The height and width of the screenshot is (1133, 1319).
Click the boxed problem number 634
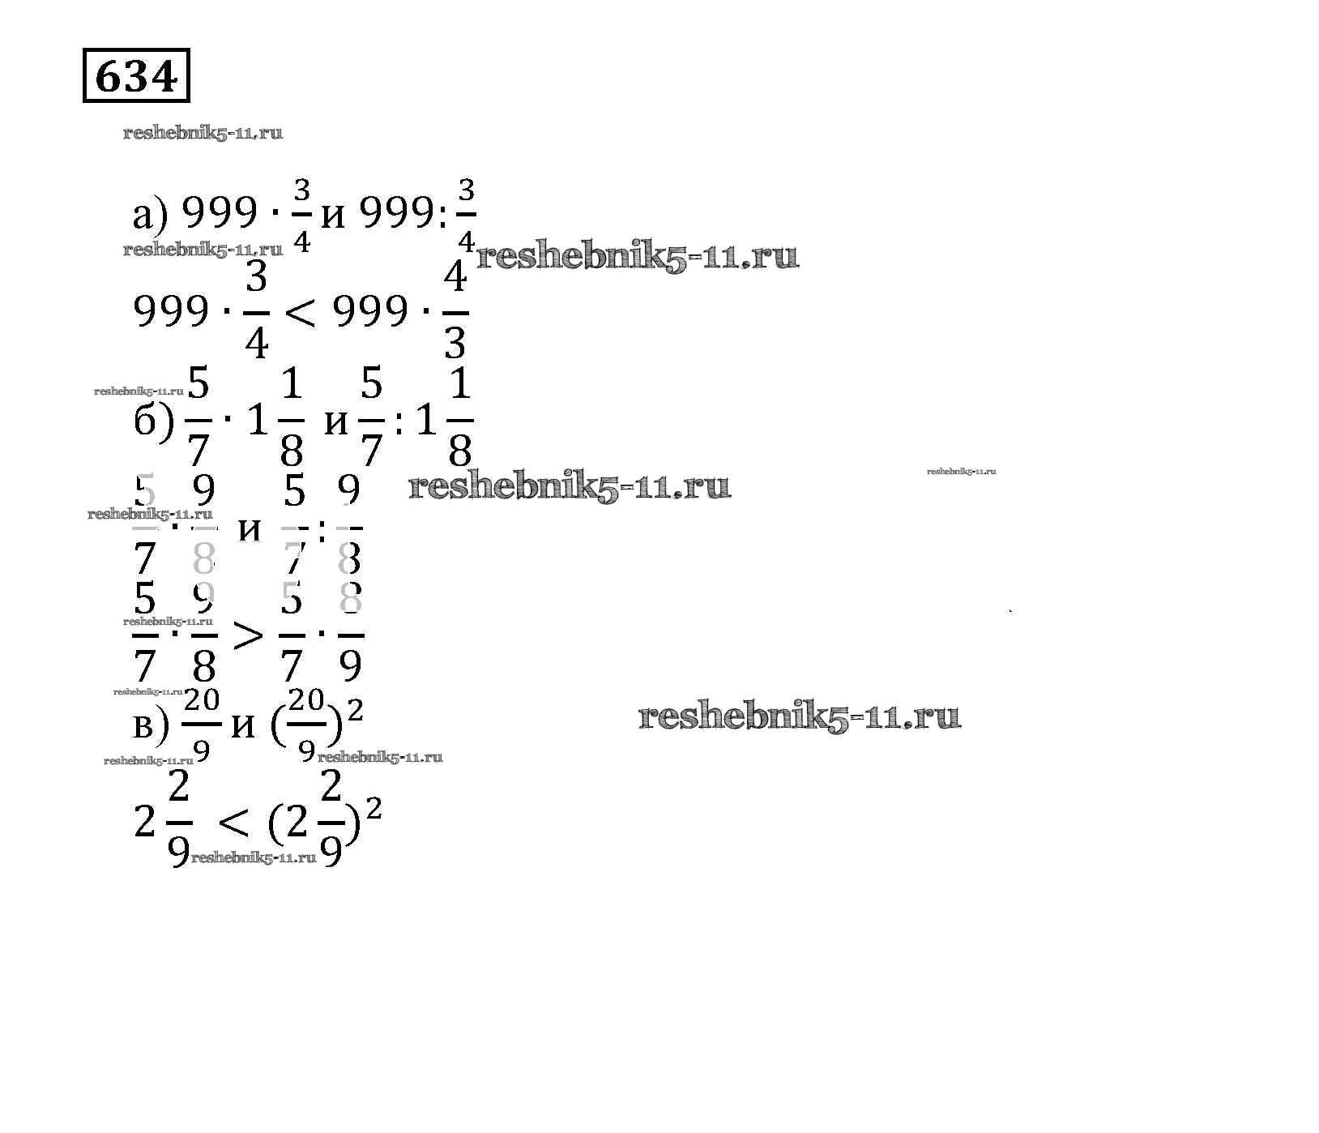pos(136,77)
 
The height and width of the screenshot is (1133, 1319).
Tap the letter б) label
pos(152,421)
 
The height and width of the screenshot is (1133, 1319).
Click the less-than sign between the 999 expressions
pos(301,312)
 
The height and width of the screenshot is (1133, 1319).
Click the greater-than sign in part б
pos(248,636)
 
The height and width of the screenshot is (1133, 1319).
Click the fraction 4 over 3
pos(455,312)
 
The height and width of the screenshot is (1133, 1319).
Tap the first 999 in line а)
pos(219,215)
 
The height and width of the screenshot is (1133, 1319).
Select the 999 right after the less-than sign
pos(370,312)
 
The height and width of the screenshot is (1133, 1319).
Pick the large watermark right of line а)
pos(638,258)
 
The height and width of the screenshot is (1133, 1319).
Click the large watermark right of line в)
pos(800,717)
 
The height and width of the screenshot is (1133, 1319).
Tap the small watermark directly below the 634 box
pos(203,134)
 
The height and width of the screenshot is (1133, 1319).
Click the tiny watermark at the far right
pos(961,471)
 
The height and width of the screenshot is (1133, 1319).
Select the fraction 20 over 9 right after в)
pos(202,724)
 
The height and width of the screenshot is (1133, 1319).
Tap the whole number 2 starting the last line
pos(144,824)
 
